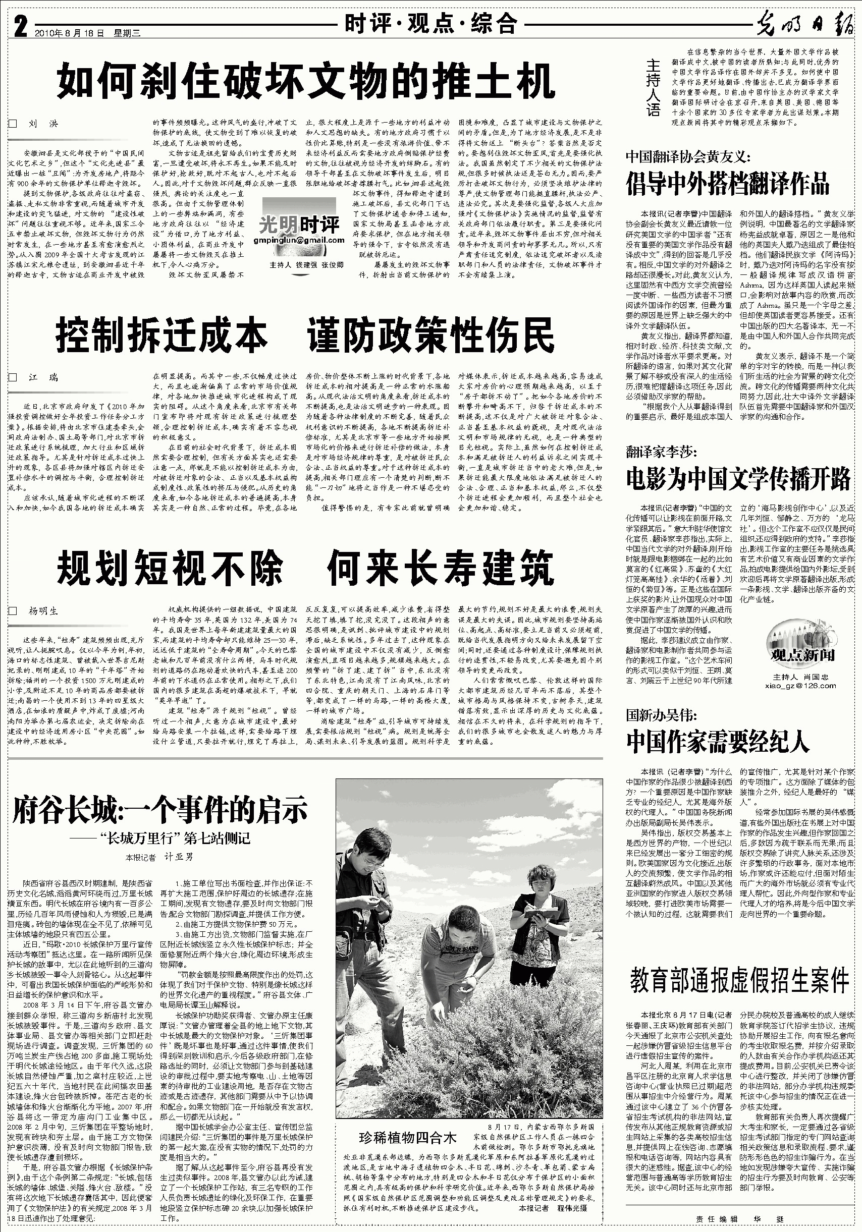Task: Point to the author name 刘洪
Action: (43, 124)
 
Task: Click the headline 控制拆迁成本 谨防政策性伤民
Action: (305, 335)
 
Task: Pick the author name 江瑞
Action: (43, 378)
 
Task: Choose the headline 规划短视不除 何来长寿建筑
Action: (305, 567)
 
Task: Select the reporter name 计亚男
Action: (178, 858)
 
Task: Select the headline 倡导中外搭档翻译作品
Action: (727, 184)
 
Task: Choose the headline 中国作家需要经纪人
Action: (717, 741)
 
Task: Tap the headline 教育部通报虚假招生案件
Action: (740, 980)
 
